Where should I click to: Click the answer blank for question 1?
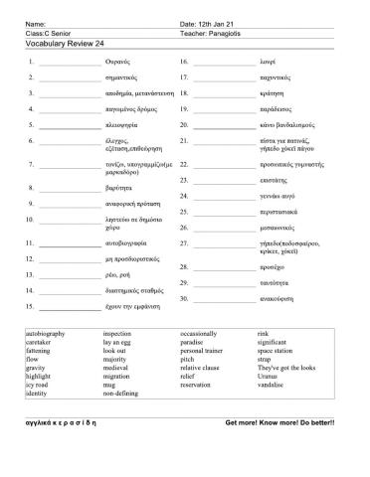pos(65,63)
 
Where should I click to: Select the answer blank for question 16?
pos(223,63)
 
